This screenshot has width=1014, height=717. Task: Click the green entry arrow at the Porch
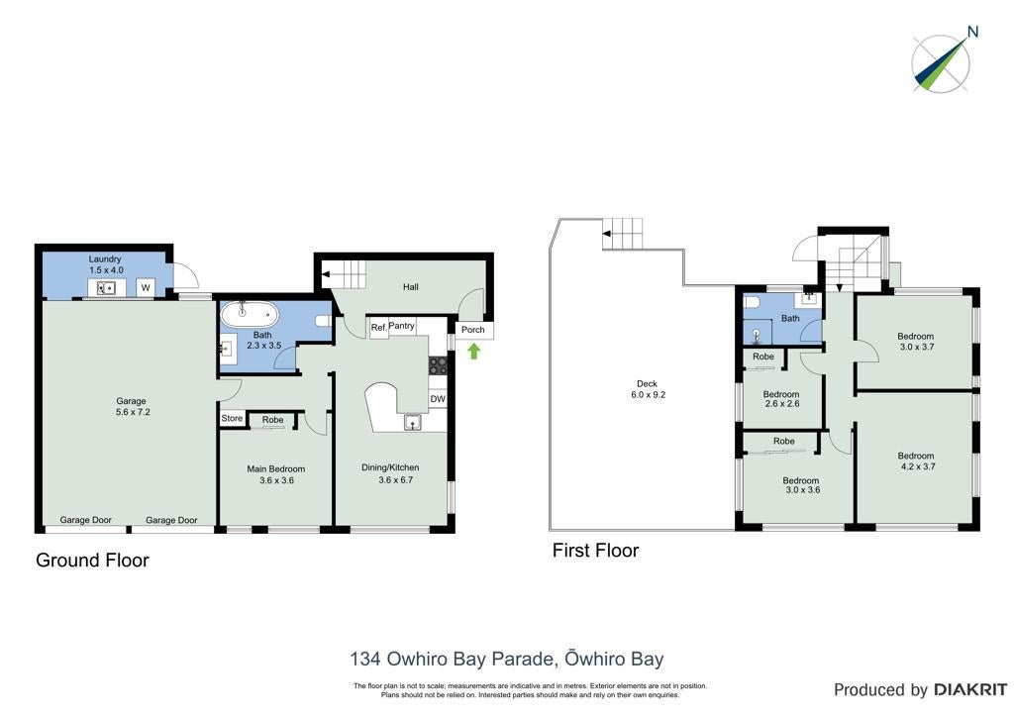pyautogui.click(x=474, y=351)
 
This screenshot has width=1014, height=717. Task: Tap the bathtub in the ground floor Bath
pyautogui.click(x=250, y=315)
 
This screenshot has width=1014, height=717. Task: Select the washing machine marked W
pyautogui.click(x=146, y=288)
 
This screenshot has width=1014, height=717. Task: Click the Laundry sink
pyautogui.click(x=106, y=288)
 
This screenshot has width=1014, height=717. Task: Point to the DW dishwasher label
pyautogui.click(x=438, y=399)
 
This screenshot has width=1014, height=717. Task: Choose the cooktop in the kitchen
pyautogui.click(x=438, y=366)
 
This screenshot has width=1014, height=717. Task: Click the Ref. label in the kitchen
pyautogui.click(x=379, y=328)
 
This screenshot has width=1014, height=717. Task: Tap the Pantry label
pyautogui.click(x=402, y=325)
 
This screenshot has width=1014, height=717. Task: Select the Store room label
pyautogui.click(x=232, y=418)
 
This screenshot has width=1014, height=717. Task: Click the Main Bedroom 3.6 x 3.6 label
pyautogui.click(x=276, y=474)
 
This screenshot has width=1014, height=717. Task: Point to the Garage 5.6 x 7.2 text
pyautogui.click(x=132, y=406)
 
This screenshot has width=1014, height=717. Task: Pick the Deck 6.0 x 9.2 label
pyautogui.click(x=647, y=388)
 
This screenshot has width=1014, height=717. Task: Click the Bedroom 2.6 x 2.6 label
pyautogui.click(x=781, y=399)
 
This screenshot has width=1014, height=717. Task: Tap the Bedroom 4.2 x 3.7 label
pyautogui.click(x=916, y=461)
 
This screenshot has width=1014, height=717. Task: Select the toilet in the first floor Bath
pyautogui.click(x=751, y=302)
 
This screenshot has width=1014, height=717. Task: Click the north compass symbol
pyautogui.click(x=942, y=62)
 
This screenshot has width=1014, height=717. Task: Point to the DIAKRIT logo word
pyautogui.click(x=970, y=690)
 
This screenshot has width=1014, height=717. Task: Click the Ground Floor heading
pyautogui.click(x=92, y=560)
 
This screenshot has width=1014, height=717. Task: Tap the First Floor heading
pyautogui.click(x=595, y=551)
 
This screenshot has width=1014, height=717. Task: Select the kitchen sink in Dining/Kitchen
pyautogui.click(x=413, y=423)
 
